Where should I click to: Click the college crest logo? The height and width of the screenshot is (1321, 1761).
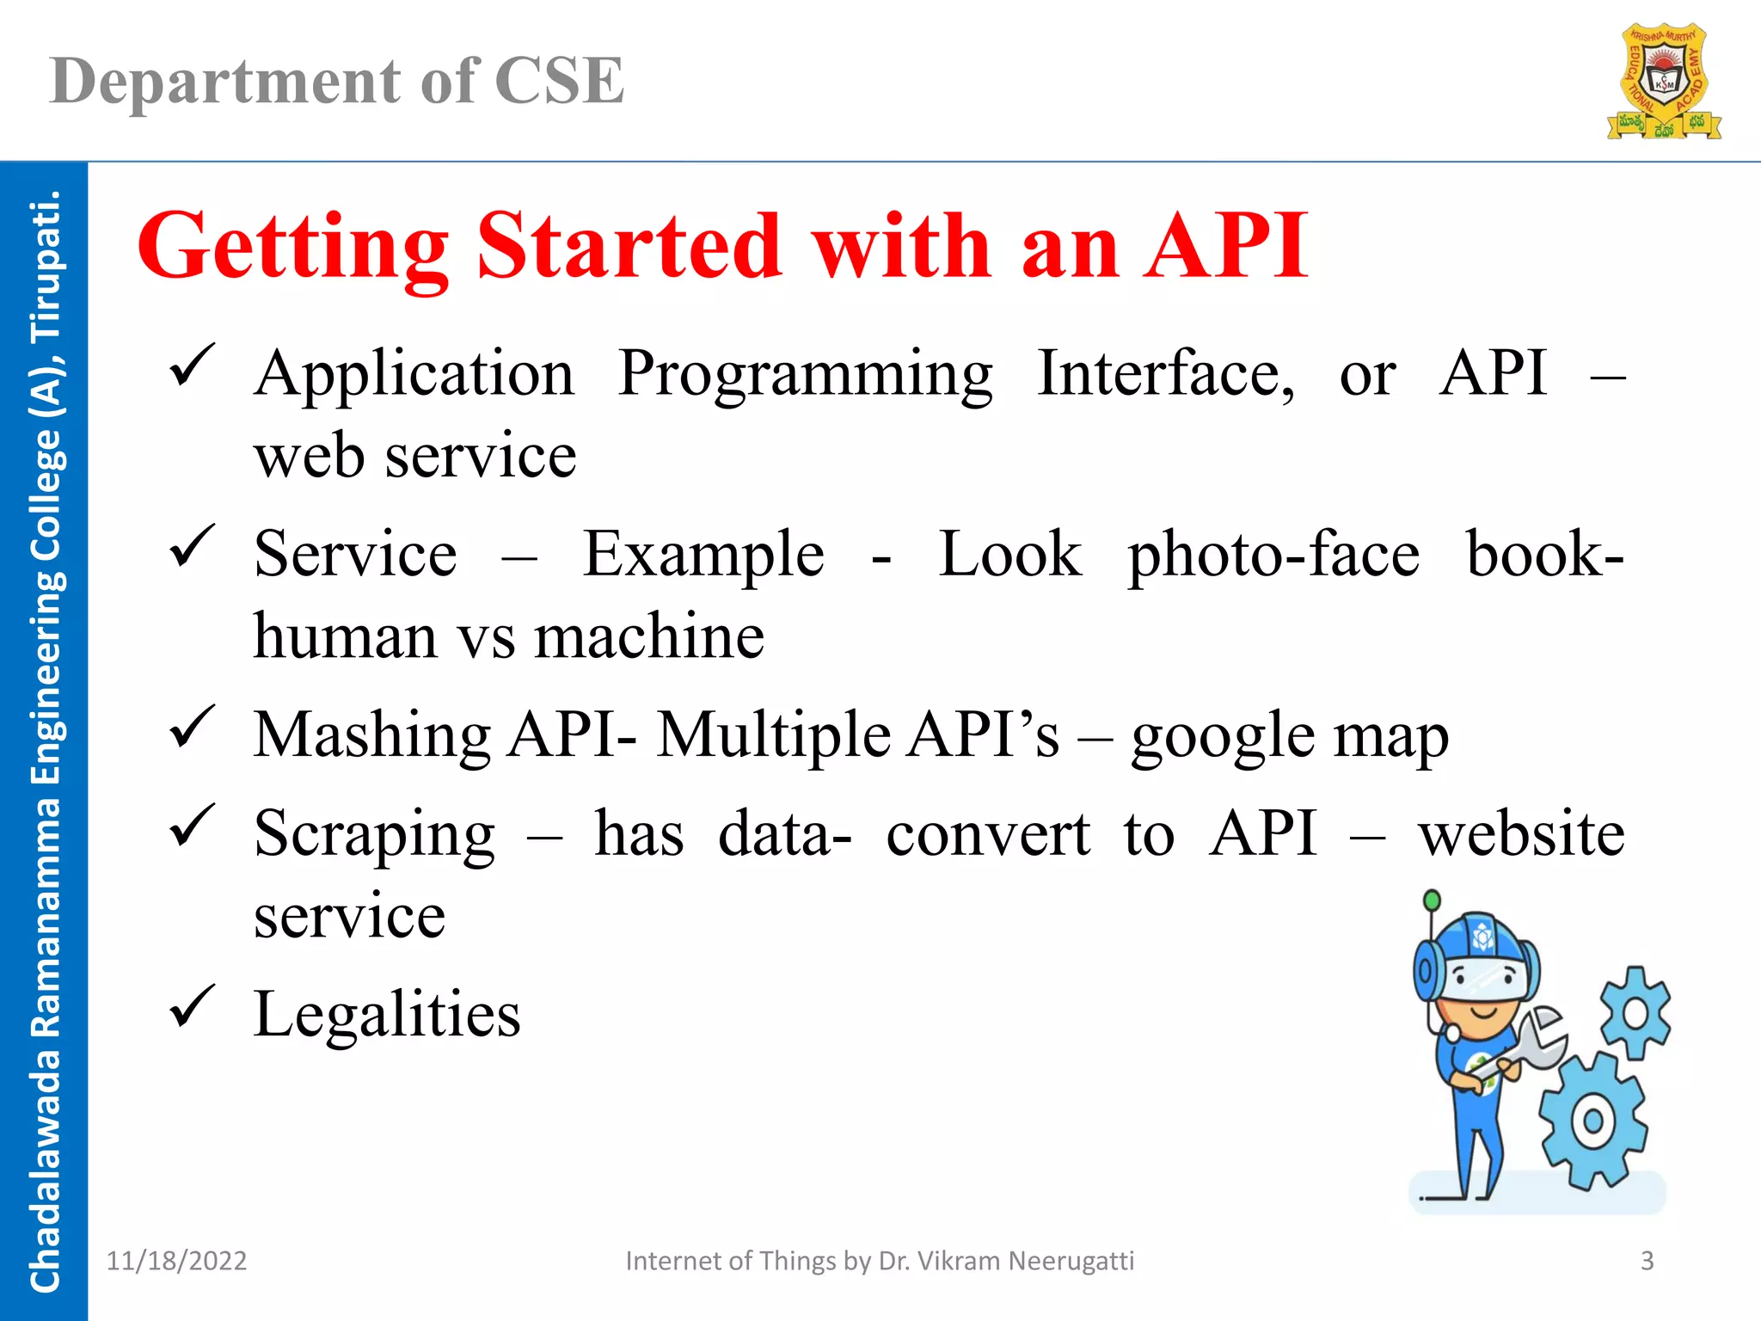pyautogui.click(x=1664, y=82)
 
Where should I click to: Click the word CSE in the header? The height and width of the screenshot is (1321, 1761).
pyautogui.click(x=560, y=81)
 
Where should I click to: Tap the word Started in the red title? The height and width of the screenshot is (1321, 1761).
pyautogui.click(x=629, y=247)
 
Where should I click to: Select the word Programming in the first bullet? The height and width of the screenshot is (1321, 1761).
pyautogui.click(x=806, y=374)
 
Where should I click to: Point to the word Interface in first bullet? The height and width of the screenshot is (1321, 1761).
pyautogui.click(x=1165, y=374)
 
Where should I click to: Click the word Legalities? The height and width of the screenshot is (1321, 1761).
pyautogui.click(x=387, y=1014)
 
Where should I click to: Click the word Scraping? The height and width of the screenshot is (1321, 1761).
pyautogui.click(x=374, y=835)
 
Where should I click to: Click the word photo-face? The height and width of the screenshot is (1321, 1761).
pyautogui.click(x=1273, y=555)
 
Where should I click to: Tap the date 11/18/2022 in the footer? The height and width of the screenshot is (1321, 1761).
pyautogui.click(x=176, y=1261)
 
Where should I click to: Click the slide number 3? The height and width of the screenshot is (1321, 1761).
pyautogui.click(x=1647, y=1261)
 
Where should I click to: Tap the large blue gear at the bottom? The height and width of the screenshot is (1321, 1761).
pyautogui.click(x=1592, y=1121)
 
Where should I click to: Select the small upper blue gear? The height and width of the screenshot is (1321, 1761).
pyautogui.click(x=1635, y=1013)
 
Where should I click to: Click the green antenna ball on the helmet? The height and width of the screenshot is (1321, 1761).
pyautogui.click(x=1432, y=900)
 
